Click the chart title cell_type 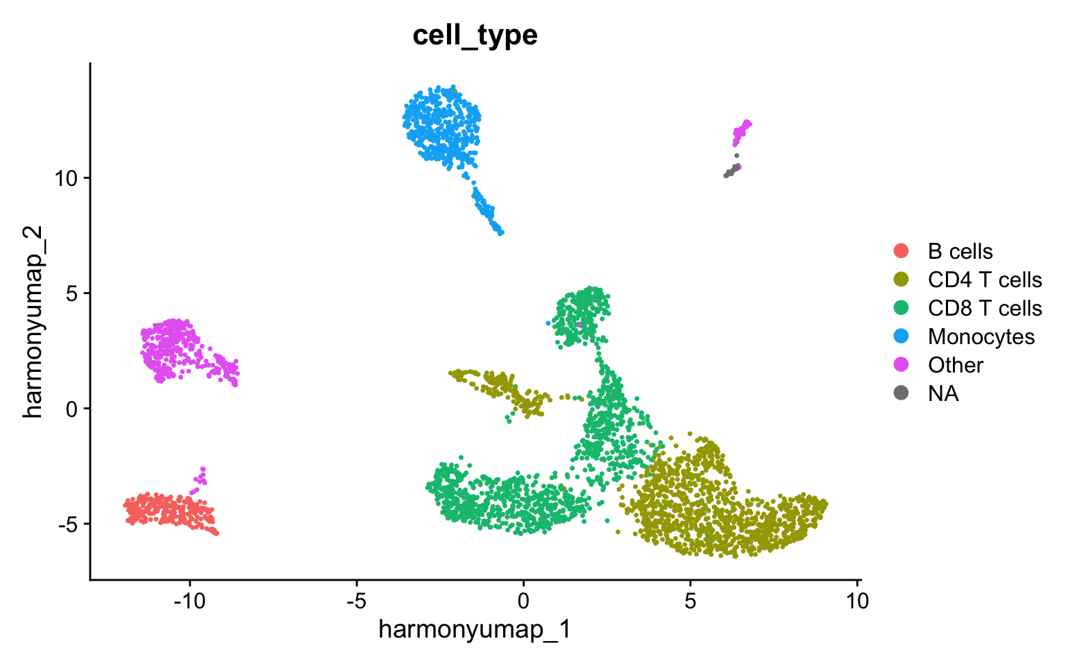pos(475,35)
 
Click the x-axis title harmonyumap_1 pos(475,629)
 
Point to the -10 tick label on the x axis pos(189,601)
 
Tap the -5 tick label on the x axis pos(356,601)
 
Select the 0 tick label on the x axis pos(523,601)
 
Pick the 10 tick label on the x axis pos(857,601)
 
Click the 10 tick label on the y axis pos(67,178)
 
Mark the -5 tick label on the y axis pos(67,524)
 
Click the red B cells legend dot pos(902,251)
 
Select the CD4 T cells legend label pos(984,280)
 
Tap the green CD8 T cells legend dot pos(902,308)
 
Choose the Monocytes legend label pos(981,336)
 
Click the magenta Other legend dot pos(902,365)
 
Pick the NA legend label pos(943,393)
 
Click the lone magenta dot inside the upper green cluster pos(579,325)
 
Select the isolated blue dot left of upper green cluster pos(548,323)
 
